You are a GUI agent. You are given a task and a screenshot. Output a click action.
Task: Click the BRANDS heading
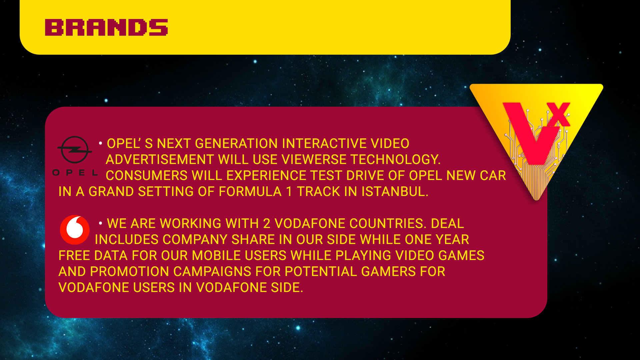[x=106, y=27]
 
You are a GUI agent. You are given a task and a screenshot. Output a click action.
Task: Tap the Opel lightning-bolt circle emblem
[x=75, y=150]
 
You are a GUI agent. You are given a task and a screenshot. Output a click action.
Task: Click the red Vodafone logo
[x=75, y=230]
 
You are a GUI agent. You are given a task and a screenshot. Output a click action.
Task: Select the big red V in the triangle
[x=530, y=133]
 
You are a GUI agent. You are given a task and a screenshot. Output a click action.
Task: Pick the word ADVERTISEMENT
[x=160, y=160]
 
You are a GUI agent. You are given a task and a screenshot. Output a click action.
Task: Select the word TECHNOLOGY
[x=395, y=160]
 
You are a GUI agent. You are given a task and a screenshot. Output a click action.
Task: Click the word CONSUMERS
[x=147, y=176]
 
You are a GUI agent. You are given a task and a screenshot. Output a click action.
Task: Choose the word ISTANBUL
[x=395, y=192]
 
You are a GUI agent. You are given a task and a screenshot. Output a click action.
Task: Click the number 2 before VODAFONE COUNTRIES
[x=267, y=224]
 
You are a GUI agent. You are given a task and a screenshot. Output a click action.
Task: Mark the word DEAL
[x=447, y=224]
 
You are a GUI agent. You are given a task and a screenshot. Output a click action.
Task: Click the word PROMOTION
[x=129, y=272]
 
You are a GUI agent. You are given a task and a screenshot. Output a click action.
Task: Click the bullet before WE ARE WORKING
[x=100, y=223]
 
